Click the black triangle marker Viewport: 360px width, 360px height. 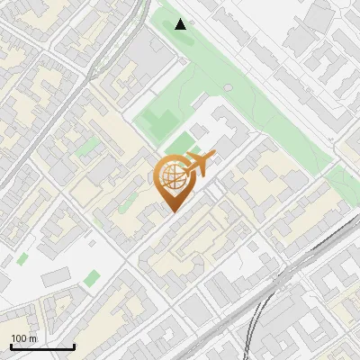[x=181, y=23]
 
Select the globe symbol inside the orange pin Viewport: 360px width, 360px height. [x=172, y=175]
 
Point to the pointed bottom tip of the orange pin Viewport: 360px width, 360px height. [x=172, y=211]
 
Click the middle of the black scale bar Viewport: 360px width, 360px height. [x=42, y=347]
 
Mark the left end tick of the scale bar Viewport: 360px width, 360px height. [x=11, y=346]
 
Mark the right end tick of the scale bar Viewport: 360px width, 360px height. [x=74, y=346]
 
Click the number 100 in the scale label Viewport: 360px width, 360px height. [x=19, y=338]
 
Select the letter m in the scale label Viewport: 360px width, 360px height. [x=32, y=338]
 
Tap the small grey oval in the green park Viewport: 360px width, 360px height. [x=228, y=87]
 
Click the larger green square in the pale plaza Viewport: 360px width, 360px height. [x=92, y=277]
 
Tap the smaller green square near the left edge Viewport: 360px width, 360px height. [x=22, y=259]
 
